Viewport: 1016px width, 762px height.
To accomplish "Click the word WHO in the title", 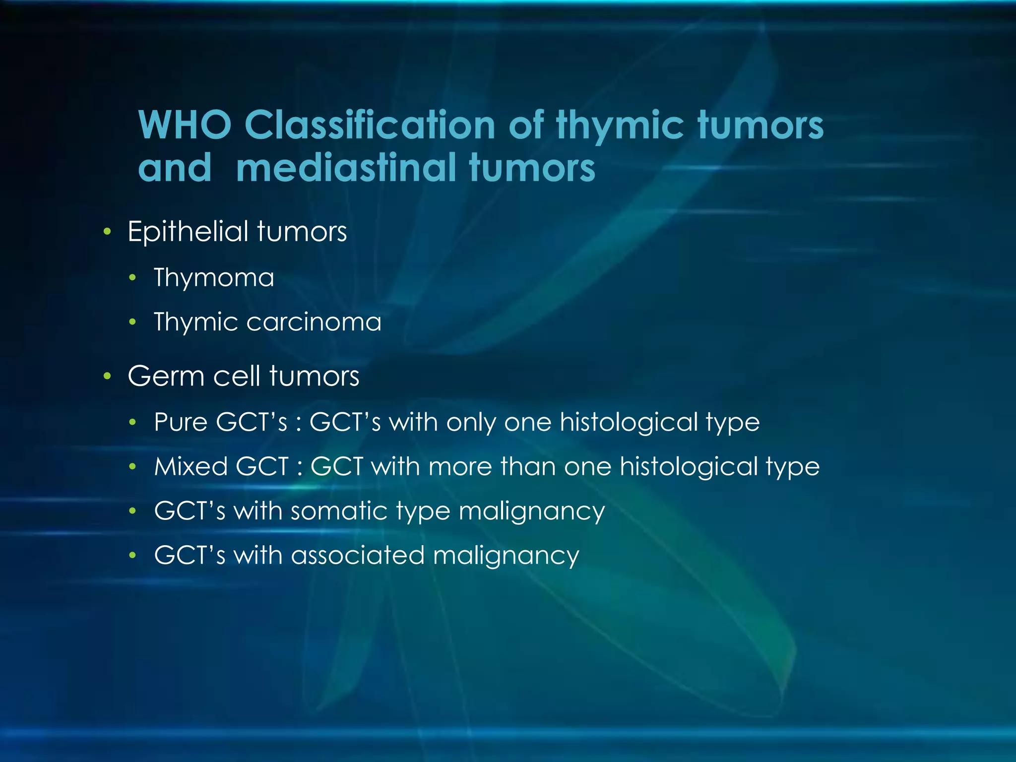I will coord(185,125).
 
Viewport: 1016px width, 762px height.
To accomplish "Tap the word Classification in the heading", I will coord(370,125).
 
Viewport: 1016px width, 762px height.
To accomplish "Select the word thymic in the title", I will coord(621,125).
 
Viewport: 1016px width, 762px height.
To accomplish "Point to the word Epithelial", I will coord(188,232).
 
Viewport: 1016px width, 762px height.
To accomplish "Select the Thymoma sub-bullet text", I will coord(214,277).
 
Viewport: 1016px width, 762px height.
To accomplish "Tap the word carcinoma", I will coord(314,322).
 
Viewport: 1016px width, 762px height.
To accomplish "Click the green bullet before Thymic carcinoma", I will coord(132,322).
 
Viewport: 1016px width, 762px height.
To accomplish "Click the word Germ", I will coord(166,376).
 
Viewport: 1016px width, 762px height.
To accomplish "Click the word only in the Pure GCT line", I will coord(470,422).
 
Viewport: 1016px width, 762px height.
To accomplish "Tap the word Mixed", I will coord(190,466).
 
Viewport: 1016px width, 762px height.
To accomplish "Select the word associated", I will coord(357,555).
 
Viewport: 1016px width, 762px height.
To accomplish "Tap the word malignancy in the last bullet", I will coord(506,556).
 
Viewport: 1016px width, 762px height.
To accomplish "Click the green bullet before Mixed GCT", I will coord(132,466).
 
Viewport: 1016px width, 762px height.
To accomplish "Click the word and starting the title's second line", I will coord(175,168).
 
